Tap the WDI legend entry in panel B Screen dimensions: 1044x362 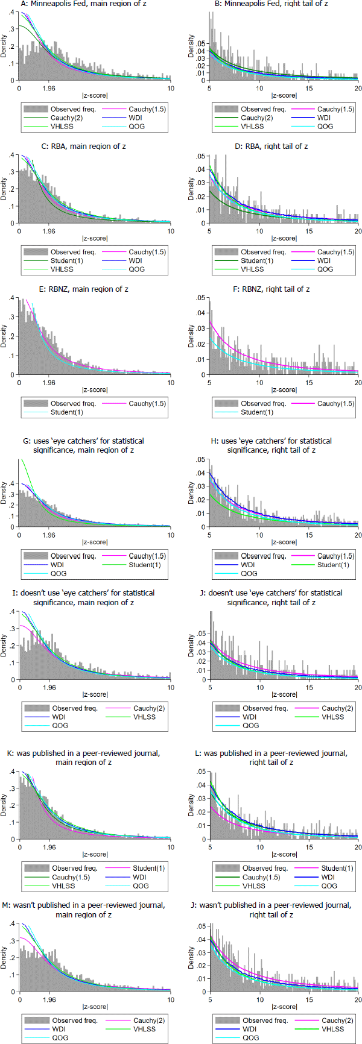(x=323, y=118)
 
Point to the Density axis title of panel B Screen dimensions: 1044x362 (x=191, y=46)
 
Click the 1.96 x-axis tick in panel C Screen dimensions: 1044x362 (x=49, y=231)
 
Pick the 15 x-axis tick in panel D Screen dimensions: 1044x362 (x=309, y=231)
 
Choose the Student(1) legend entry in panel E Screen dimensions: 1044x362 (x=66, y=412)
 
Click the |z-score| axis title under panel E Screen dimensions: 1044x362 (x=95, y=390)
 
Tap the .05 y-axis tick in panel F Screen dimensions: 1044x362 (x=202, y=298)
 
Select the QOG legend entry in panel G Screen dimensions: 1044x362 (x=59, y=573)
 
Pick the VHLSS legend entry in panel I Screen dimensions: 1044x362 (x=144, y=717)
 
